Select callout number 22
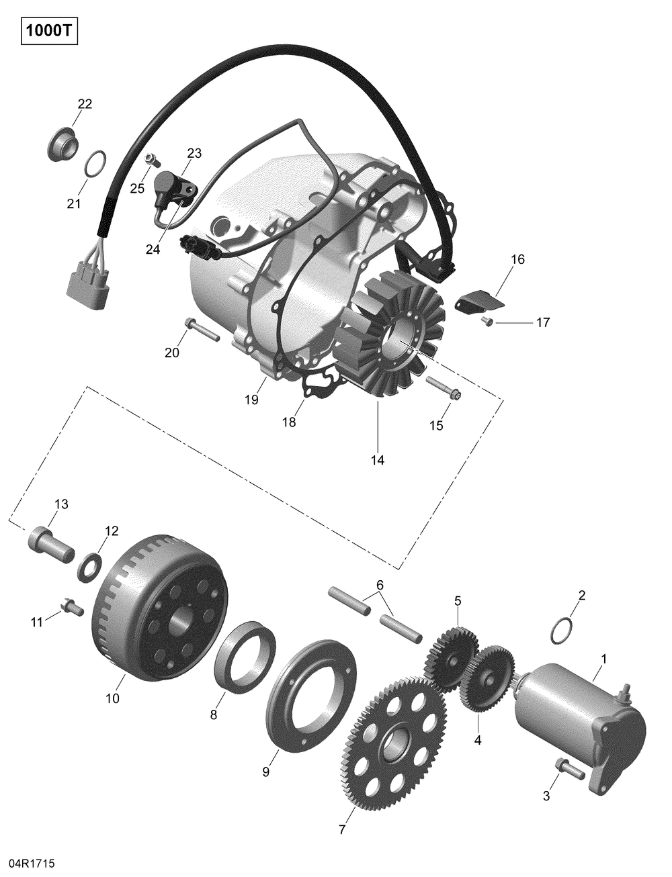click(85, 104)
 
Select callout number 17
click(542, 323)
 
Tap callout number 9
click(265, 772)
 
